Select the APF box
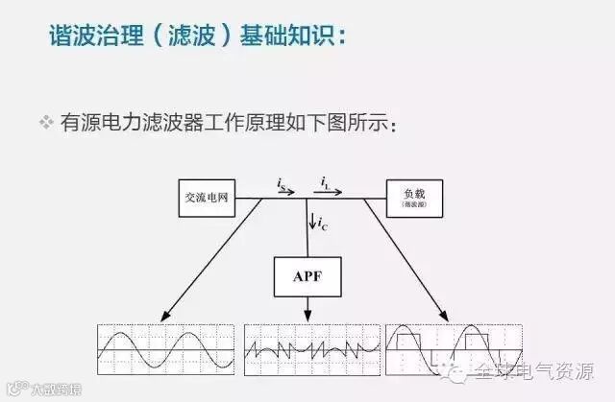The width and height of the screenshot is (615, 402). click(x=307, y=277)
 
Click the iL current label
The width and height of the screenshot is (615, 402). click(x=328, y=178)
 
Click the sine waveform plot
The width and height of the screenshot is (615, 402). click(x=165, y=348)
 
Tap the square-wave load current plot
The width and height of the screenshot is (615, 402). click(x=452, y=348)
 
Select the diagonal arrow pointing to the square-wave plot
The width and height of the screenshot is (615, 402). click(x=408, y=264)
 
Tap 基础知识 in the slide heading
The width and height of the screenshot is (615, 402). click(x=294, y=37)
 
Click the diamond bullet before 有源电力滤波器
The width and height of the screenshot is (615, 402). click(x=45, y=124)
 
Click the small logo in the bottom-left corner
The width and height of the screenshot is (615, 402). click(x=12, y=389)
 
